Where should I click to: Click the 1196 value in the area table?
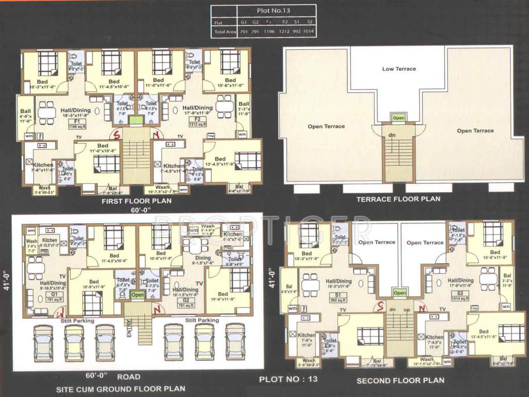pyautogui.click(x=269, y=32)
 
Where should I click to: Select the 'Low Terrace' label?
pyautogui.click(x=399, y=69)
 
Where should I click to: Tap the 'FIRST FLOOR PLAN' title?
pyautogui.click(x=137, y=201)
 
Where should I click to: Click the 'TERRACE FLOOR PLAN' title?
pyautogui.click(x=398, y=198)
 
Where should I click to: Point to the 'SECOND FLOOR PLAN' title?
pyautogui.click(x=400, y=380)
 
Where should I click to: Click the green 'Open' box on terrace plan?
pyautogui.click(x=398, y=118)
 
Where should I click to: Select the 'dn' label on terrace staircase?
pyautogui.click(x=392, y=135)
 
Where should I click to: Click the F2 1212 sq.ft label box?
pyautogui.click(x=198, y=124)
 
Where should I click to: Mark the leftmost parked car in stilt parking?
pyautogui.click(x=43, y=342)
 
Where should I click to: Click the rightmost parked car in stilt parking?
pyautogui.click(x=235, y=342)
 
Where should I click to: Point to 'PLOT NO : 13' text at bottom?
pyautogui.click(x=288, y=379)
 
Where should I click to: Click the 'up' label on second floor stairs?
pyautogui.click(x=406, y=309)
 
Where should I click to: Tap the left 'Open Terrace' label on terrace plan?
pyautogui.click(x=326, y=126)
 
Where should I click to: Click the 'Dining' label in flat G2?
pyautogui.click(x=203, y=257)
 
